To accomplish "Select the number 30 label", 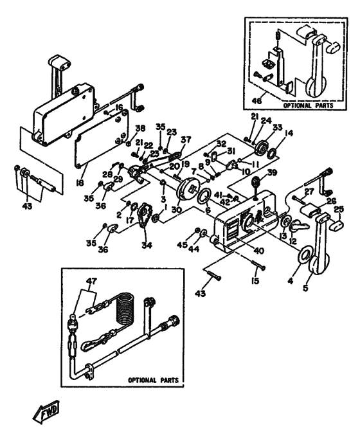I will [x=177, y=209].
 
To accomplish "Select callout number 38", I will [x=140, y=127].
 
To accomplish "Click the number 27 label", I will [x=308, y=191].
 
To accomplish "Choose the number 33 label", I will [x=278, y=127].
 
